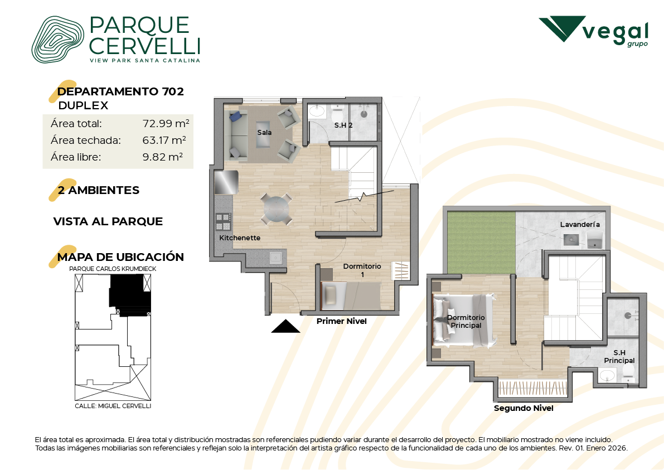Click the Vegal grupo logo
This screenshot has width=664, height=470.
(x=593, y=31)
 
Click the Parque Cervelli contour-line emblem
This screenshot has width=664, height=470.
(x=57, y=40)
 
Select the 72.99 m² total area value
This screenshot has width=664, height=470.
(x=166, y=123)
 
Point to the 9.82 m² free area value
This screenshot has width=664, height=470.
(x=163, y=157)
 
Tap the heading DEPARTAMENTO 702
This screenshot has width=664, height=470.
(x=120, y=91)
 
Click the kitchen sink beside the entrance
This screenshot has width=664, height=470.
(x=275, y=257)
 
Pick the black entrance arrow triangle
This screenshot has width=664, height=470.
(x=285, y=327)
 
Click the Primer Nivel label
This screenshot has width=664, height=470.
(x=341, y=321)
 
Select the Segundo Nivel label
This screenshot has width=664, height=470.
(x=524, y=408)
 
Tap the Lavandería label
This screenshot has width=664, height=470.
(x=580, y=225)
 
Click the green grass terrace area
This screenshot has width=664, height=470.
(x=481, y=243)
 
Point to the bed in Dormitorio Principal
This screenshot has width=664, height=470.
(x=464, y=320)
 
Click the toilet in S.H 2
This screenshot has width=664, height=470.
(x=337, y=114)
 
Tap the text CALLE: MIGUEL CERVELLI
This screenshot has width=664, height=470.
(x=113, y=406)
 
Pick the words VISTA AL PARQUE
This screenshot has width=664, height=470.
(x=108, y=221)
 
